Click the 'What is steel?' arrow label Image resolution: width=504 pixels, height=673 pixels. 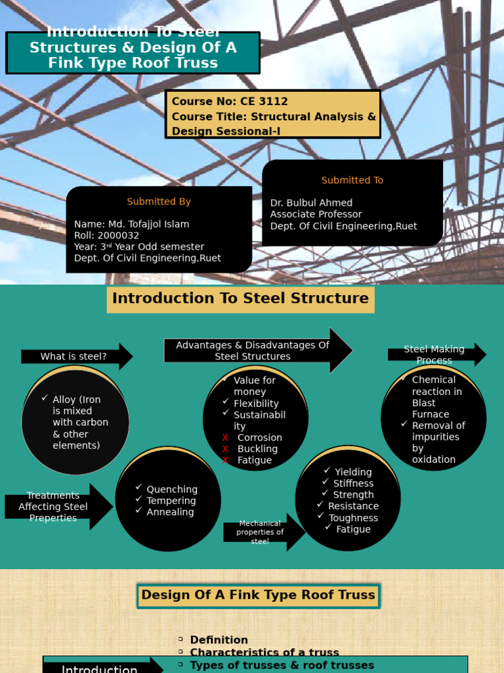tap(73, 356)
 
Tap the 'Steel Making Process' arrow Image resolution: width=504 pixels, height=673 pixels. tap(434, 355)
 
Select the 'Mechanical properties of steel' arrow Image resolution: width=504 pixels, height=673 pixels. tap(261, 532)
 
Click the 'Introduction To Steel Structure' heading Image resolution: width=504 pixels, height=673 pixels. tap(240, 298)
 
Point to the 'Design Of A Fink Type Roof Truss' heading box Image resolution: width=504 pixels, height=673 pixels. tap(259, 595)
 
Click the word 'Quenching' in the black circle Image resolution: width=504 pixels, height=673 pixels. tap(172, 489)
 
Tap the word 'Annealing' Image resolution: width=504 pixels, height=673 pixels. tap(170, 512)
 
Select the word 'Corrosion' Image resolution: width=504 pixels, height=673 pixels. tap(260, 438)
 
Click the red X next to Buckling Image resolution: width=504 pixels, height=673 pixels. tap(225, 449)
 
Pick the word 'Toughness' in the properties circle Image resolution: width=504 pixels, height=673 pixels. tap(353, 518)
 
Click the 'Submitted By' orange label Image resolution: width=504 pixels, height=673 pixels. tap(159, 202)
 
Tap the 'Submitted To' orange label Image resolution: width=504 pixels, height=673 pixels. tap(352, 180)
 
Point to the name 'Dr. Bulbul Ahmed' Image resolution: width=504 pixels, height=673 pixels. tap(311, 203)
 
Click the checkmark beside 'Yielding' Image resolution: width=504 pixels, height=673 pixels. tap(327, 471)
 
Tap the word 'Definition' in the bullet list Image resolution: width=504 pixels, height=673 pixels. tap(219, 640)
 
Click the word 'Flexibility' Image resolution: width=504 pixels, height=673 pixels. tap(256, 404)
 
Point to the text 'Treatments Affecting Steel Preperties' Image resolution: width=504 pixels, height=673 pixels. tap(53, 507)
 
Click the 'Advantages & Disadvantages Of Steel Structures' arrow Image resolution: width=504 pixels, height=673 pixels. tap(253, 351)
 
